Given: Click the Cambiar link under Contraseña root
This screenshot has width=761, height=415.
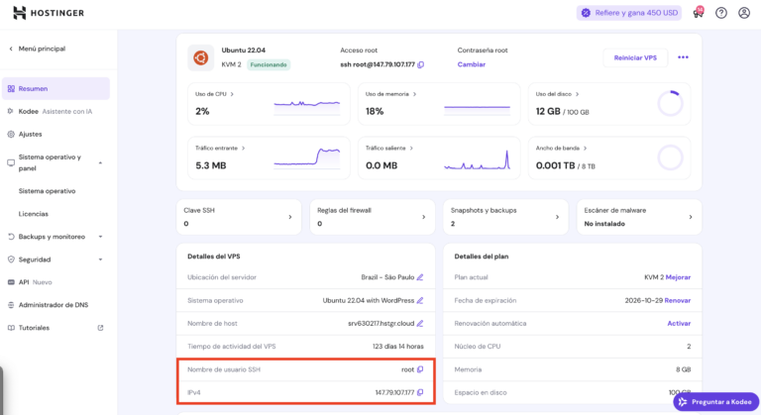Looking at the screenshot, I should point(472,64).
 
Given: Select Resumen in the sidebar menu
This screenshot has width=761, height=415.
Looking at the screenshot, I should point(33,88).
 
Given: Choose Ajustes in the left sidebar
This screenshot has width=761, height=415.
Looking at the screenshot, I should point(30,134).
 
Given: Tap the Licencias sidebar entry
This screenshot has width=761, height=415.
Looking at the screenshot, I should point(33,214).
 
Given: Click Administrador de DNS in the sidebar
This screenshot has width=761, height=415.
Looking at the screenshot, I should point(54,305).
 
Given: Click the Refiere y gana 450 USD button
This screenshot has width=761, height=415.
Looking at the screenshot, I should point(629,13).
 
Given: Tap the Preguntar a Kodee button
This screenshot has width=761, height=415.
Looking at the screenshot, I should point(715,401).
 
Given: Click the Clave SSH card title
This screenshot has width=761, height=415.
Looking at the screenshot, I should point(201,210).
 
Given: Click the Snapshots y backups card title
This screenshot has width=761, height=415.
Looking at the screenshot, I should point(484,210).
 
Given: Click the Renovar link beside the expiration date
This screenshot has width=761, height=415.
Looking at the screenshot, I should point(678,300).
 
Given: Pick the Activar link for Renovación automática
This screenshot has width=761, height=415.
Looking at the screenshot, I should point(679,323).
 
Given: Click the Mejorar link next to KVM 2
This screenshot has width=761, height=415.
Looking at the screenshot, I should point(679,277).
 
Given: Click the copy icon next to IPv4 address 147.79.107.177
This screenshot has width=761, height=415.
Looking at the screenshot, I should point(420,393).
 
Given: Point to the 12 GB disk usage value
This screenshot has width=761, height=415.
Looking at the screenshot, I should point(549,112).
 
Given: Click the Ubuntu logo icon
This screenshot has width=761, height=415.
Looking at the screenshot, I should point(201,57).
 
